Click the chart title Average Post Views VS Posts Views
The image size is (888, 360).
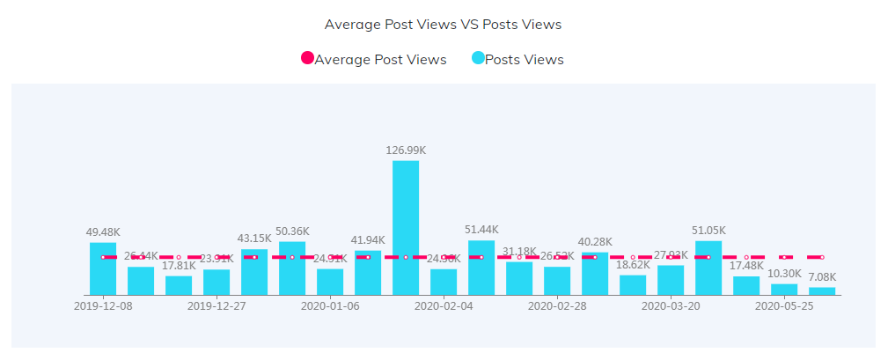pos(443,25)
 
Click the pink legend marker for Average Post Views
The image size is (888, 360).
pos(307,59)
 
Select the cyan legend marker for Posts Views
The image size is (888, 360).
pos(478,59)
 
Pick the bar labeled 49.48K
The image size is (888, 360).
pos(103,268)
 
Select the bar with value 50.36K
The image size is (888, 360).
pos(292,268)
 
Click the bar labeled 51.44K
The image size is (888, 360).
pos(481,268)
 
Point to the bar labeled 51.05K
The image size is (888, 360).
pos(708,268)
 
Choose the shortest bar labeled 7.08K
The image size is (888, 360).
pos(822,290)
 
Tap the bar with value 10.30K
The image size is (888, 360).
pos(784,289)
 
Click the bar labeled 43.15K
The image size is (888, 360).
pos(254,272)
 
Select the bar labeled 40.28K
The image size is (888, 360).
pos(595,274)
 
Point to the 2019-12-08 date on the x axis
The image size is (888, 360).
pos(103,306)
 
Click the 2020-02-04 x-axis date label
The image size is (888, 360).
pos(444,306)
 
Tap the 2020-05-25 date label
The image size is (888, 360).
pos(784,306)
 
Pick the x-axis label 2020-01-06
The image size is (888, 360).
pos(330,306)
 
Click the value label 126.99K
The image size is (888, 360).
pos(406,151)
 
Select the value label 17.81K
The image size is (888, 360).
pos(179,266)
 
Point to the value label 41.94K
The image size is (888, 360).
pos(368,239)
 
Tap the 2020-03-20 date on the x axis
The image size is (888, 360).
pos(671,306)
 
